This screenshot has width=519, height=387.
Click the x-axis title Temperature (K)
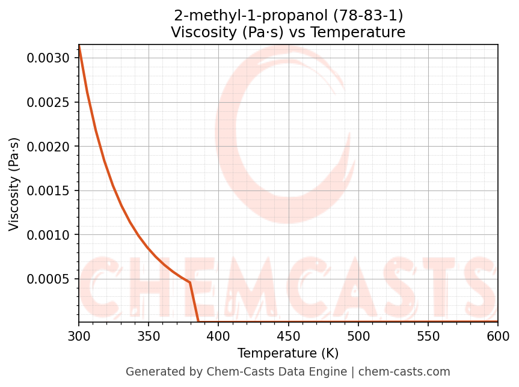pos(288,353)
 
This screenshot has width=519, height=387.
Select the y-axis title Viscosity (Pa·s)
pos(14,184)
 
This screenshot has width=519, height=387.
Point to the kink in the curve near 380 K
pos(190,282)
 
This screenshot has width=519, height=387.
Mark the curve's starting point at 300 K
pos(79,47)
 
